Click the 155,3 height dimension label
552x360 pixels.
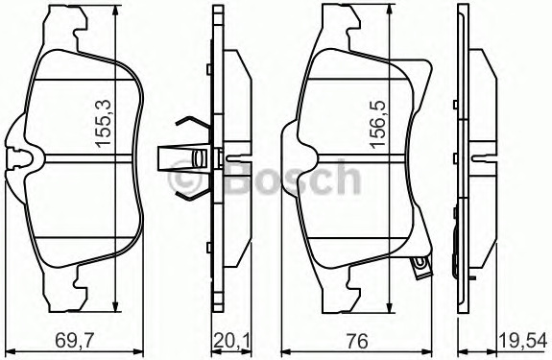coord(103,123)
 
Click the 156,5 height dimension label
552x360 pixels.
coord(378,123)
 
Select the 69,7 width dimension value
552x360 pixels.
coord(75,341)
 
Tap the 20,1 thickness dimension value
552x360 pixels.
coord(231,341)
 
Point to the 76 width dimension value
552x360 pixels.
coord(356,341)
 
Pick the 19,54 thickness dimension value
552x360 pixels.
coord(522,341)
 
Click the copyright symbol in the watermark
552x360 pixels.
coord(183,180)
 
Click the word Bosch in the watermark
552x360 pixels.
coord(293,178)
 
